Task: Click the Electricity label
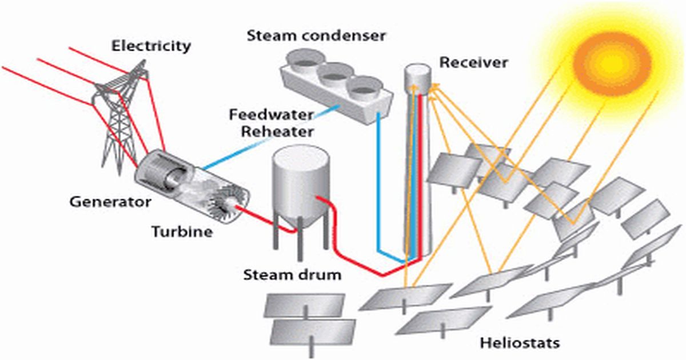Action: pos(151,46)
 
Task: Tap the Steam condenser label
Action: pos(316,36)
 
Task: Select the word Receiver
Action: pos(473,62)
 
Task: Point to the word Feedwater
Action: pos(272,115)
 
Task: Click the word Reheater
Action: pos(277,132)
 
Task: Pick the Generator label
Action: pos(110,201)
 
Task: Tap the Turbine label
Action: pos(182,231)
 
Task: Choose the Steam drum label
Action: pos(292,274)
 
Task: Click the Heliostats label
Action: pos(520,343)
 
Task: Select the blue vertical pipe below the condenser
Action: pos(379,183)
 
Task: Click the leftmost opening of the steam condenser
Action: pos(302,59)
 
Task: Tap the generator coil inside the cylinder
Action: pos(166,174)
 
